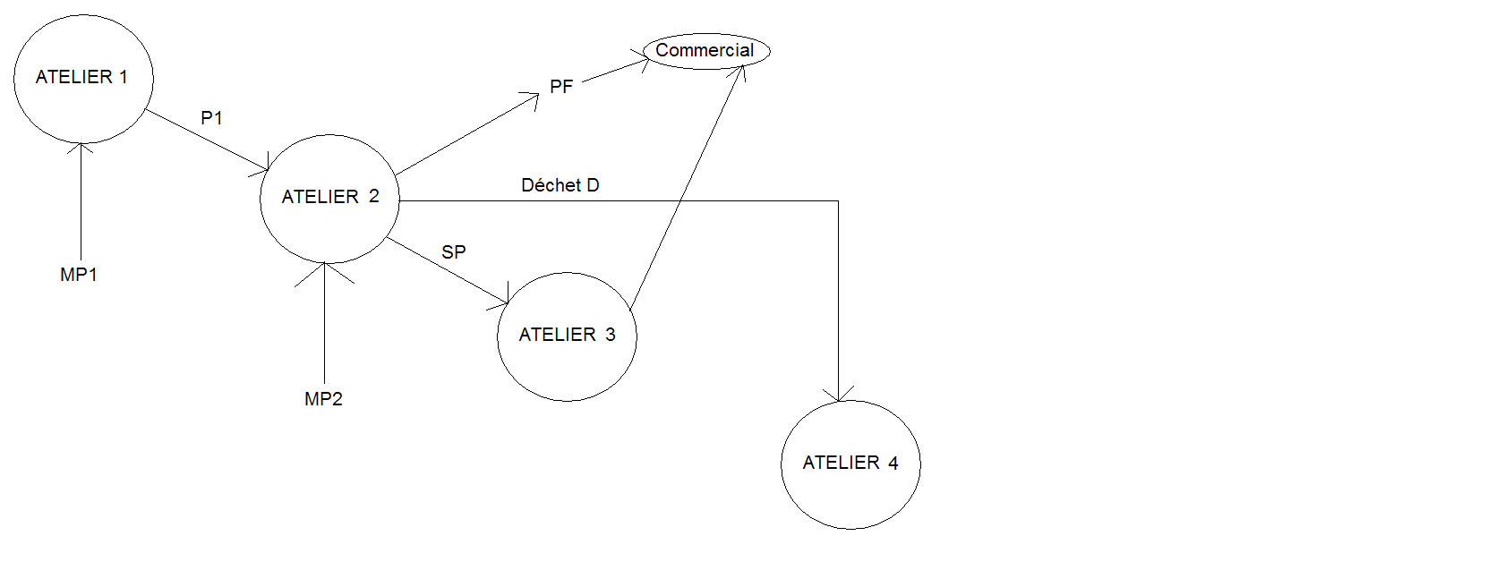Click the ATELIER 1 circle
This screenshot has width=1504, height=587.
(x=83, y=79)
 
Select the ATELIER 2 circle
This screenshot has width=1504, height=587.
(x=329, y=199)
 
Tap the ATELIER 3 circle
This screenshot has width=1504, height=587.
(x=567, y=336)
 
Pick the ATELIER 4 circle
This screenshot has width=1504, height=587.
(x=850, y=464)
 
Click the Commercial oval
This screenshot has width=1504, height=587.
(x=705, y=51)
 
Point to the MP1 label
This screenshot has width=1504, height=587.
(x=79, y=275)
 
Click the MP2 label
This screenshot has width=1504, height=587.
(x=323, y=399)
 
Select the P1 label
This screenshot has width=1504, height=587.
(x=211, y=118)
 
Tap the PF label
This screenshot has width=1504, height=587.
(x=561, y=87)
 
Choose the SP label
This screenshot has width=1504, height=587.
(x=454, y=252)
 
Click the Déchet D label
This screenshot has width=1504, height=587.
(x=560, y=185)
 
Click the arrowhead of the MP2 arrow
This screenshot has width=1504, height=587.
(x=325, y=268)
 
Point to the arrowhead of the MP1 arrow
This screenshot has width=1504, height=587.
(x=81, y=148)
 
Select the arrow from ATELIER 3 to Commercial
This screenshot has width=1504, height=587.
(x=687, y=188)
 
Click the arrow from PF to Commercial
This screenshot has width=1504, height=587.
(x=616, y=71)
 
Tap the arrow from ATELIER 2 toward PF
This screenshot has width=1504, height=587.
(x=466, y=134)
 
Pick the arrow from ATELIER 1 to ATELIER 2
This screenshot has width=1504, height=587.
(x=206, y=140)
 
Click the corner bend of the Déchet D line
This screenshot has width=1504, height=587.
(x=838, y=201)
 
